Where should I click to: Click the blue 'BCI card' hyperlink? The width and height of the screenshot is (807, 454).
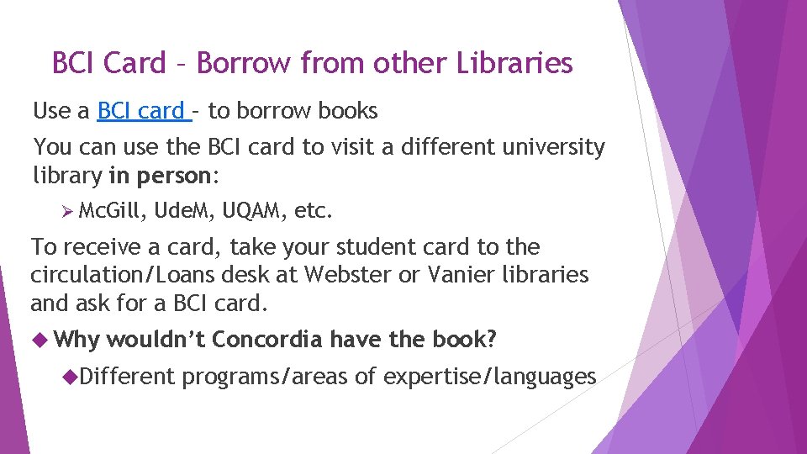[141, 111]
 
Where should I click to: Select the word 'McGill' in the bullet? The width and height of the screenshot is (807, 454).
[113, 213]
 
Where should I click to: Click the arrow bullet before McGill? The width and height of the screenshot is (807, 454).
[70, 213]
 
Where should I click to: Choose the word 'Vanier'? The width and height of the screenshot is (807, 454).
[485, 275]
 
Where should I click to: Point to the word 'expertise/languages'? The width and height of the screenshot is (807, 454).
[489, 377]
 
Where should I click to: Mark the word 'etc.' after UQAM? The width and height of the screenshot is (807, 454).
[314, 213]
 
